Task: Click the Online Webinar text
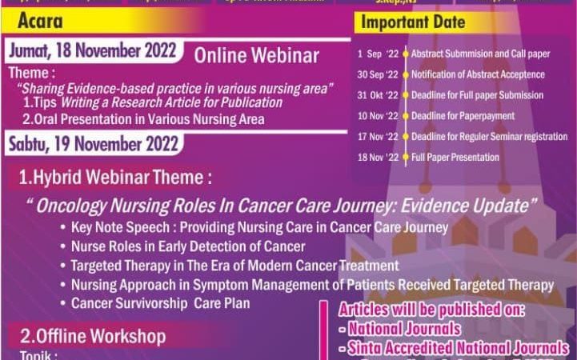coord(257,56)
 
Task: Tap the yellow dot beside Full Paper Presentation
coord(406,158)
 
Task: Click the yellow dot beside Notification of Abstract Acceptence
coord(406,74)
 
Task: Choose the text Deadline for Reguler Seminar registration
coord(490,137)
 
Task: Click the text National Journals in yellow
coord(404,329)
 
